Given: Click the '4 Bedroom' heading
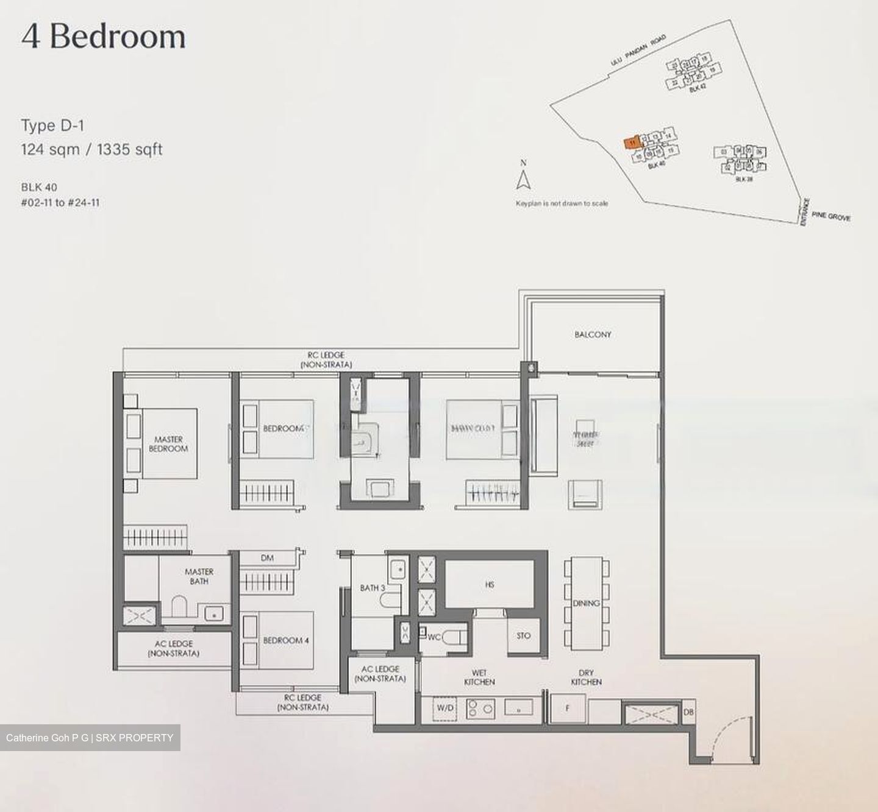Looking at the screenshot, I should [x=104, y=37].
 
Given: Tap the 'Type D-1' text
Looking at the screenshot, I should [x=53, y=126].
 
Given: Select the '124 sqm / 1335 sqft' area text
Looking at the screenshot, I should [x=91, y=149].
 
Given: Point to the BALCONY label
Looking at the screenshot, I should [x=593, y=334].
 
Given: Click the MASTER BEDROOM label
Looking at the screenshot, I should [x=168, y=443].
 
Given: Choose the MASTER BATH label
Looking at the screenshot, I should [x=199, y=576].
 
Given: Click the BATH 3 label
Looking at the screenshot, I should [x=372, y=588].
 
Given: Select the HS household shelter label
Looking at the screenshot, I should [x=490, y=585].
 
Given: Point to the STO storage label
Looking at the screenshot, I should [x=523, y=635].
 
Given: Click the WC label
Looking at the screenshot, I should [x=434, y=637].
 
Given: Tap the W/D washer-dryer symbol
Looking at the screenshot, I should [x=445, y=708].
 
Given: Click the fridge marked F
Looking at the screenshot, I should [x=568, y=708].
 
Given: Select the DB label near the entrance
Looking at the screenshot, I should [x=688, y=711].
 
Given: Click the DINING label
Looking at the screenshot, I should [x=586, y=603].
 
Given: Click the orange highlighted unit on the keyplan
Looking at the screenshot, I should [x=632, y=143].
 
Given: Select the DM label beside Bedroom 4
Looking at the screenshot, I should [x=267, y=557].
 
